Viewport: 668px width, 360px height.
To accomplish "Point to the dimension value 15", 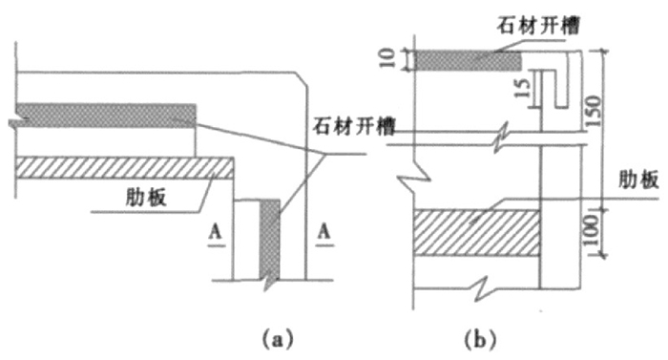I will click(516, 93).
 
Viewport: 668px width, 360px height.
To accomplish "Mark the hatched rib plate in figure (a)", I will click(124, 168).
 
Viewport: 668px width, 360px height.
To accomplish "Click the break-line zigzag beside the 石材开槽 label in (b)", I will click(500, 138).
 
